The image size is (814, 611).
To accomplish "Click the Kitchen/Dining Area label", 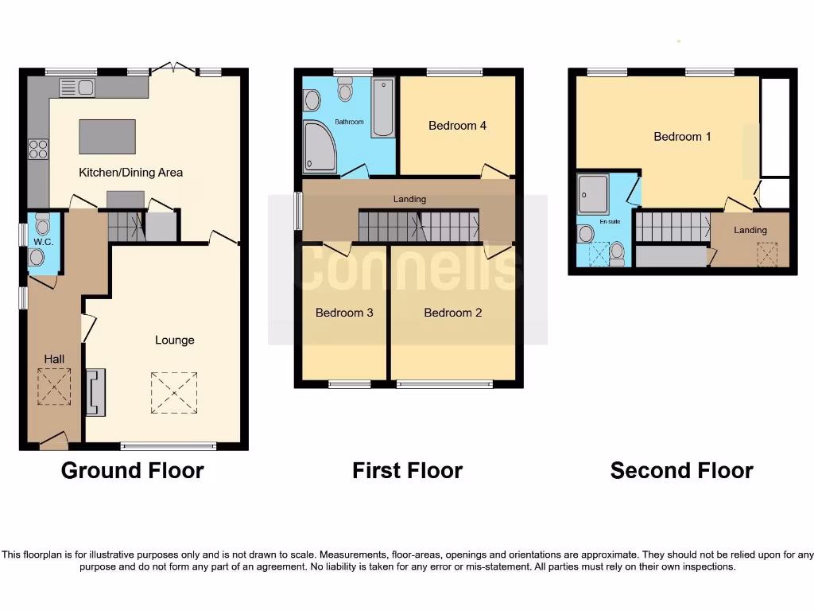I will click(x=130, y=173).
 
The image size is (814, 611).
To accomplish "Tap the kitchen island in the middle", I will click(x=107, y=136).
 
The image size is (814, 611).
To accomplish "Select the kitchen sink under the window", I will click(x=76, y=88).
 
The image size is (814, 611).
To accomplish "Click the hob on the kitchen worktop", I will click(x=38, y=149).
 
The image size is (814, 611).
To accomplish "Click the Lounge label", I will click(x=174, y=341).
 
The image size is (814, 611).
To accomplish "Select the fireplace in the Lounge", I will click(x=95, y=392).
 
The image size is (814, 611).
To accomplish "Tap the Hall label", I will click(x=54, y=360).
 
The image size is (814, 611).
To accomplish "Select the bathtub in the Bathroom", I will click(x=383, y=107).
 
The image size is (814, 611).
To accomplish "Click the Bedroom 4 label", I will click(x=457, y=126).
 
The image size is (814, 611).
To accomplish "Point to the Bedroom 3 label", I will click(x=344, y=313).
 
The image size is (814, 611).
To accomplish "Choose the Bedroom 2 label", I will click(x=452, y=313).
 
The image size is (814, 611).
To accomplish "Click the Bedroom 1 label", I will click(x=682, y=137).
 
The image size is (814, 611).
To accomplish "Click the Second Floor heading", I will click(x=681, y=471).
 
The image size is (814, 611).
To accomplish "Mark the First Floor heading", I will click(x=407, y=471).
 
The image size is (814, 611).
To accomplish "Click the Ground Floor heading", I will click(x=132, y=471).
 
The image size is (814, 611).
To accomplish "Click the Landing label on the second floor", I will click(x=750, y=231).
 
